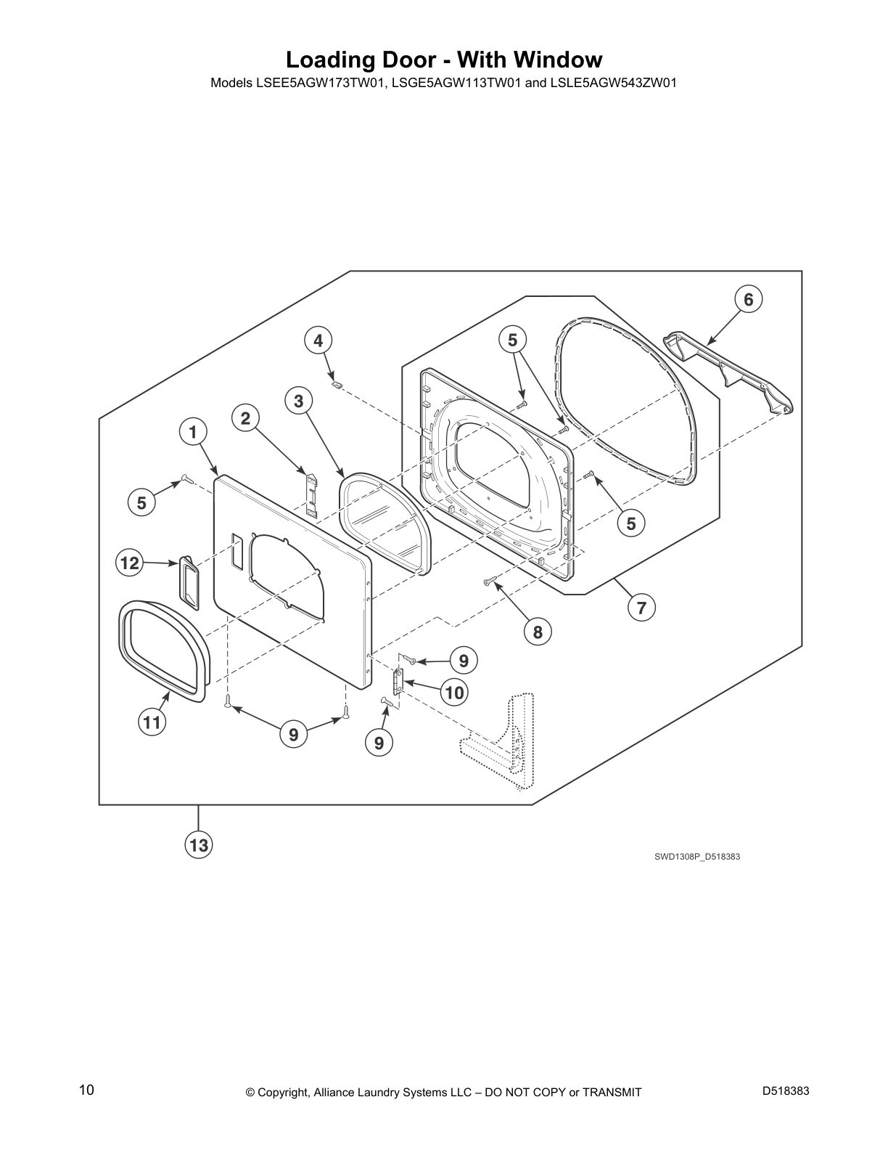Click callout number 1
coord(193,433)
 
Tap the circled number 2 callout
coord(245,418)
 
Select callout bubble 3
coord(299,401)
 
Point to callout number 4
coord(318,340)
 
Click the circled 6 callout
coord(749,300)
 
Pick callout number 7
coord(641,607)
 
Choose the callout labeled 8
coord(538,632)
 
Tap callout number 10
coord(455,692)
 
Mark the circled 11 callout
coord(152,722)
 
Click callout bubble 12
coord(130,563)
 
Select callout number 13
coord(199,844)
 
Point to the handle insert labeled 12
coord(189,583)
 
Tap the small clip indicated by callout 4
coord(334,383)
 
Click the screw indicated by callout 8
coord(488,582)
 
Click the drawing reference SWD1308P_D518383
coord(697,856)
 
